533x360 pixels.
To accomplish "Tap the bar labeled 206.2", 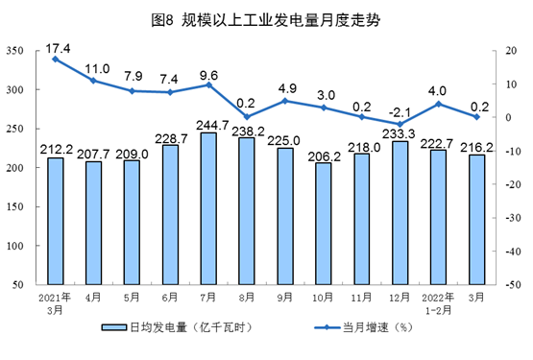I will (324, 224).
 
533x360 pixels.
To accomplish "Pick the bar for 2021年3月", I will (56, 221).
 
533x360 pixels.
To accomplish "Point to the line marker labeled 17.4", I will (56, 59).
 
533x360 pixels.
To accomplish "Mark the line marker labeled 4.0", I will (438, 104).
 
